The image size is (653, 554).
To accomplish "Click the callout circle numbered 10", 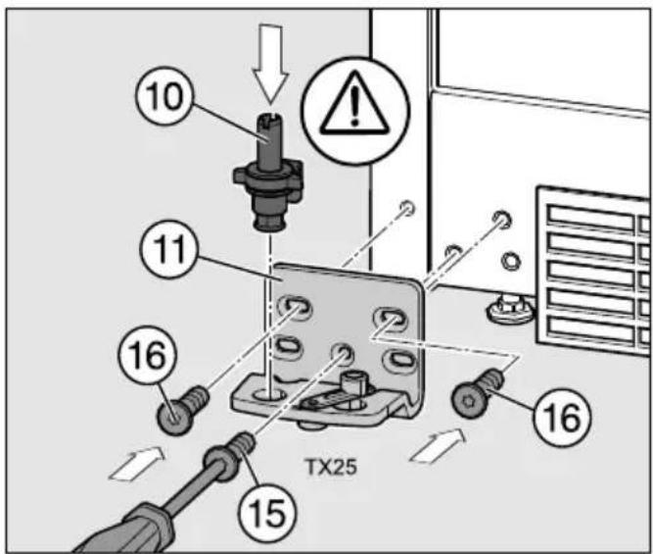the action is pos(164,97).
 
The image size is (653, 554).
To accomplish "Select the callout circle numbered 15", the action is pos(267,513).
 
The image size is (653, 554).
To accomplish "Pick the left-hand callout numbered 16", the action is pos(148,357).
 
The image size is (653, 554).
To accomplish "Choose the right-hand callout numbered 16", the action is pos(561,417).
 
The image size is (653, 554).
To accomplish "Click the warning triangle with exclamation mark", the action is pos(354,104).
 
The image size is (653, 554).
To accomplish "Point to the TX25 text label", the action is pos(331,468).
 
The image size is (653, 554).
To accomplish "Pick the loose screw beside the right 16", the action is pos(478,390).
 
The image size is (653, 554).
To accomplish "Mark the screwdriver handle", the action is pos(125,529).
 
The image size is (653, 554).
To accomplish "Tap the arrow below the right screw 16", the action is pos(438,446).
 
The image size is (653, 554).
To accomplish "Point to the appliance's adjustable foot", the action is pos(510,309).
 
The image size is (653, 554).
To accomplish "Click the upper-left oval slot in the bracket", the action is pos(296,308).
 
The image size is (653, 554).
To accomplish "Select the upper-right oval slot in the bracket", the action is pos(391,319).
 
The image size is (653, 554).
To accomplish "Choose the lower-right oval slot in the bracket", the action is pos(400,359).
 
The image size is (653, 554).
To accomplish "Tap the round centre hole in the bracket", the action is pos(343,354).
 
